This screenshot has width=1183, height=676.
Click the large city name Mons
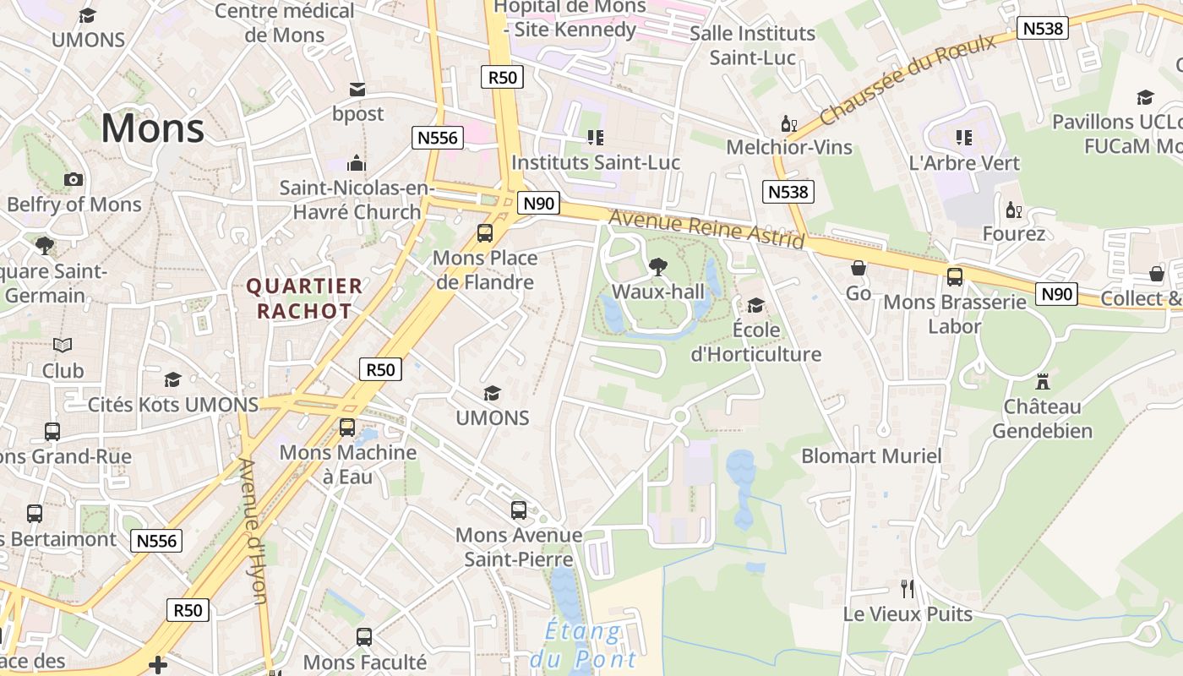tap(153, 128)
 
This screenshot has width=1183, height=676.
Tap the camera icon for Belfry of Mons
tap(74, 179)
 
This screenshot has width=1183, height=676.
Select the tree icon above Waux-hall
tap(657, 267)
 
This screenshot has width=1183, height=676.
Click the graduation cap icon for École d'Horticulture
tap(755, 305)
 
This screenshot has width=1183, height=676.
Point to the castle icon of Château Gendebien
tap(1042, 381)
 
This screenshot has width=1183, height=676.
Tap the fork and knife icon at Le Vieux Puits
tap(908, 588)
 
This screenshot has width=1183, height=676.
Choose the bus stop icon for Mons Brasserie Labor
tap(955, 276)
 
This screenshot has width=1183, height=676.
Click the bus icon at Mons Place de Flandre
tap(485, 233)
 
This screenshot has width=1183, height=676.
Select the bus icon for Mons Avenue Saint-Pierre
tap(519, 510)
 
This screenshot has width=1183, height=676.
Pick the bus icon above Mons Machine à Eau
tap(347, 428)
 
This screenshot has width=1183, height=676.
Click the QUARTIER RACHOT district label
tap(304, 299)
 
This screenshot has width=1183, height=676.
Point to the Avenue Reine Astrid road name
tap(706, 229)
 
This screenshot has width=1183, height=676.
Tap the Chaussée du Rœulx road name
tap(908, 79)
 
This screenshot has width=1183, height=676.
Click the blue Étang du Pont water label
tap(583, 645)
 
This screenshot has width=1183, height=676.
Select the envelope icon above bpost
tap(357, 90)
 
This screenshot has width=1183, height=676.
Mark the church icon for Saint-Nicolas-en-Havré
tap(357, 163)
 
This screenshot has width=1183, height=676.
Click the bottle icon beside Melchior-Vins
tap(788, 125)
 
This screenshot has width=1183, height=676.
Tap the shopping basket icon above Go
tap(859, 269)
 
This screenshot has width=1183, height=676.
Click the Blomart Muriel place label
tap(871, 456)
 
